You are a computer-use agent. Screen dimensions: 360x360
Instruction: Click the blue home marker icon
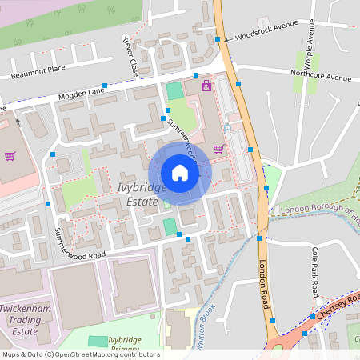[180, 173]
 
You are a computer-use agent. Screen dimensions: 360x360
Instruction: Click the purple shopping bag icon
[206, 85]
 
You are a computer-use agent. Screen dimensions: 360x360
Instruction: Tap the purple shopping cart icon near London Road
[218, 148]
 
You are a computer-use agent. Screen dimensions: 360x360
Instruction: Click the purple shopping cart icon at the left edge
[10, 155]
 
